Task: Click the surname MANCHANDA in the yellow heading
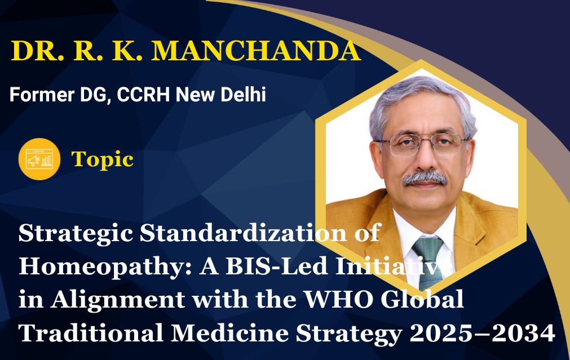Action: [x=256, y=51]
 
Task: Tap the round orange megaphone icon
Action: [x=39, y=159]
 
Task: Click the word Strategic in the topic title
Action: [x=76, y=234]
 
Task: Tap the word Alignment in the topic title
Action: [x=117, y=300]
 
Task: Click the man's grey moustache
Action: [x=424, y=179]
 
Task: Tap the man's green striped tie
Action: [x=428, y=261]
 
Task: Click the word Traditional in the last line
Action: [x=91, y=333]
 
